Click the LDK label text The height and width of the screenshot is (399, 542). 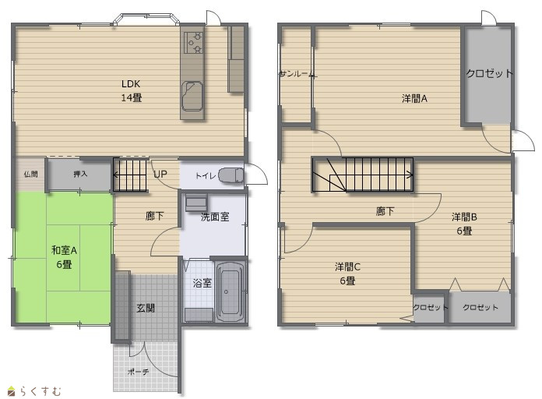click(131, 83)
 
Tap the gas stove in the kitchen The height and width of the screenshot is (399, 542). click(193, 43)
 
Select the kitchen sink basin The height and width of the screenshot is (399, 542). click(192, 96)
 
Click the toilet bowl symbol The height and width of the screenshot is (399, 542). click(231, 175)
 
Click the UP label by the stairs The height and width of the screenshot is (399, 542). click(160, 175)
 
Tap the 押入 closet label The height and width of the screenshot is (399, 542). click(80, 174)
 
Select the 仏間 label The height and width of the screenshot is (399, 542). click(31, 174)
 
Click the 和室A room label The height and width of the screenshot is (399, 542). click(64, 250)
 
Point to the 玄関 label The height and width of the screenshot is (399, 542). click(146, 308)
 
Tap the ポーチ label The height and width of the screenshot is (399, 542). click(139, 372)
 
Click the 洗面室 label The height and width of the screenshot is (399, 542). click(215, 217)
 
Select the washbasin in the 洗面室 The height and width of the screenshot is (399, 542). click(196, 203)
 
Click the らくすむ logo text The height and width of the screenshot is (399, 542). click(40, 391)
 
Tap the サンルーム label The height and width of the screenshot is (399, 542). click(297, 74)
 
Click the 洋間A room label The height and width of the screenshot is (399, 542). click(414, 99)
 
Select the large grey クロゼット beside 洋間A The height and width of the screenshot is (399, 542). click(488, 74)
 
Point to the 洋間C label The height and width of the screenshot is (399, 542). click(347, 267)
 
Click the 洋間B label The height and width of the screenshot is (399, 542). click(464, 217)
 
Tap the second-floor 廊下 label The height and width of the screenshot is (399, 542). click(385, 211)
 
